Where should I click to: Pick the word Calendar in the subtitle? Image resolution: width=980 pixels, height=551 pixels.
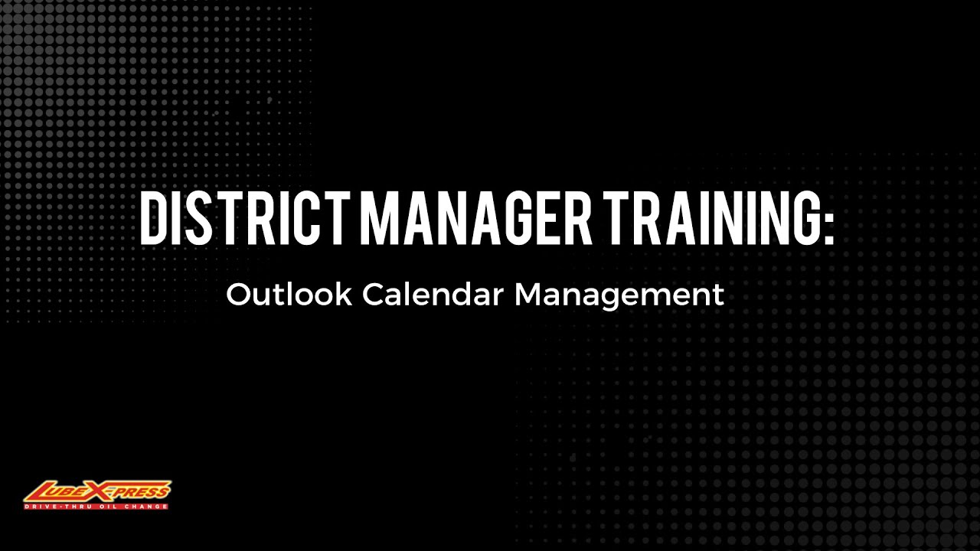[x=433, y=295]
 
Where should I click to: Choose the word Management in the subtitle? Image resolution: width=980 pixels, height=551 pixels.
[x=619, y=295]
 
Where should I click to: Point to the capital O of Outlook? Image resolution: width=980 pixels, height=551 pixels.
[x=239, y=295]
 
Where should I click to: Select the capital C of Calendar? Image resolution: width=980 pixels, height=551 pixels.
[x=373, y=295]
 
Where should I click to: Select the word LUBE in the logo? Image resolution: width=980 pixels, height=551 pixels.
[x=62, y=491]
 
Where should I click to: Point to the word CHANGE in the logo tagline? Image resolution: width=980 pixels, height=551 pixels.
[x=145, y=507]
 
